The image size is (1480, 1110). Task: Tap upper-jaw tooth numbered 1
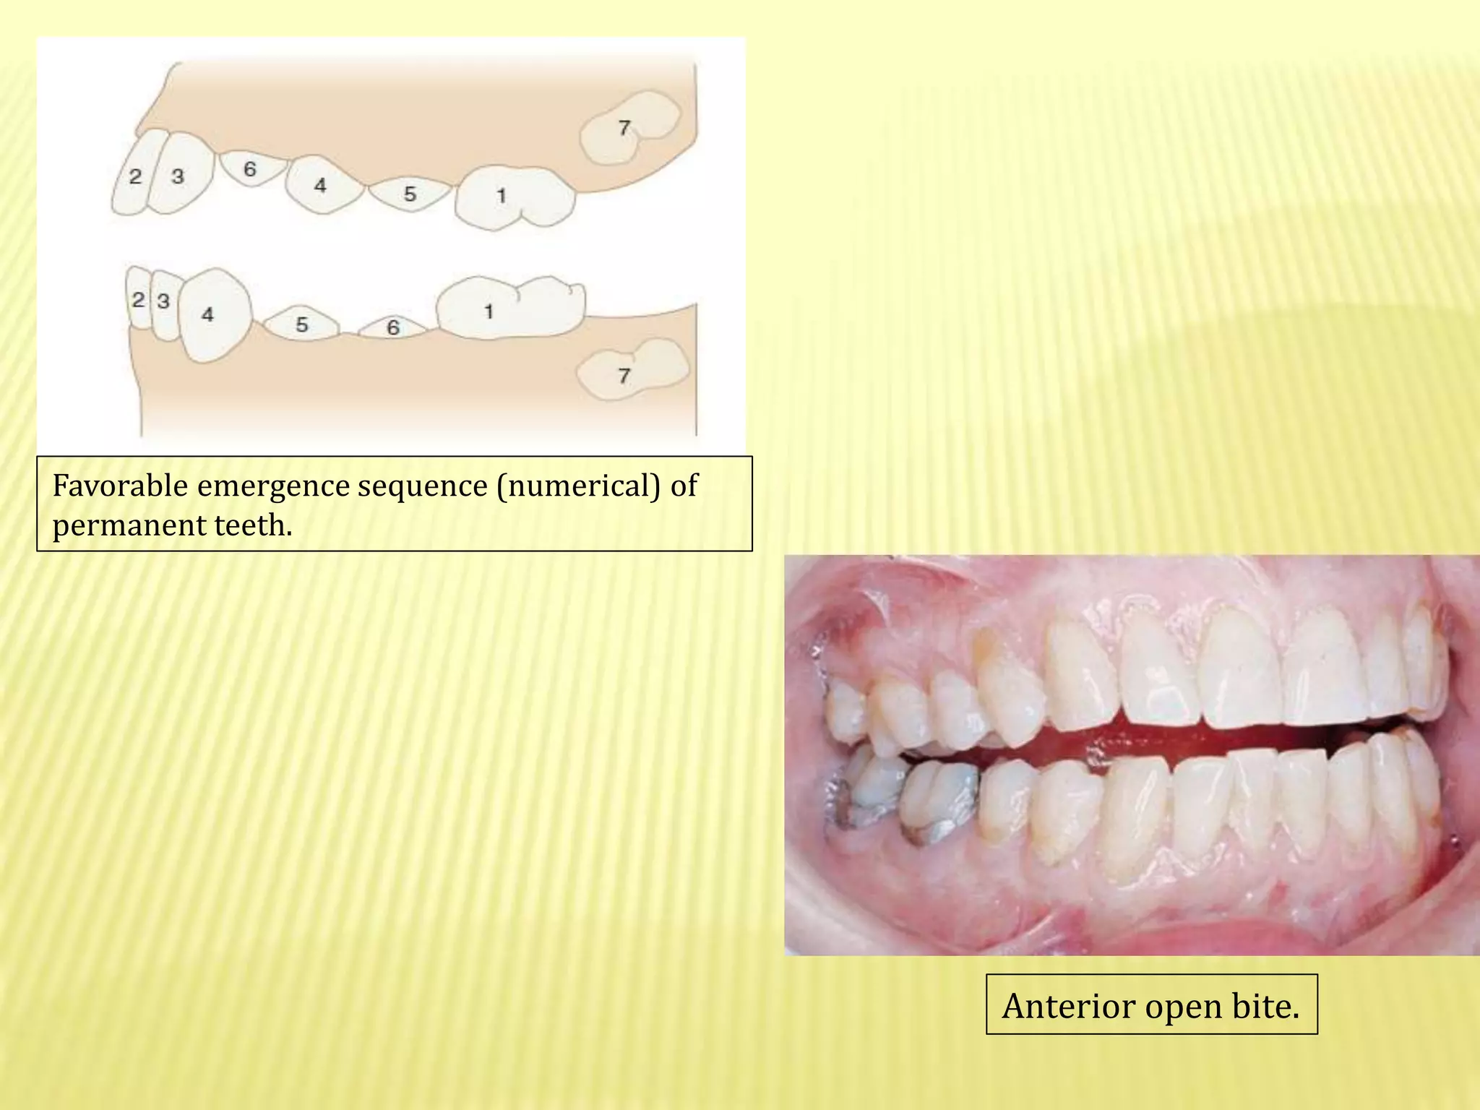[x=513, y=197]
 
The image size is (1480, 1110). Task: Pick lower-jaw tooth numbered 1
[x=509, y=307]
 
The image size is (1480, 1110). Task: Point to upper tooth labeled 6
[x=250, y=169]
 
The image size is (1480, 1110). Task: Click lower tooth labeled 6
[x=394, y=328]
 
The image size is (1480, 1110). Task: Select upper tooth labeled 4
[x=322, y=185]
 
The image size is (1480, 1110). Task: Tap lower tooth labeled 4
[x=211, y=314]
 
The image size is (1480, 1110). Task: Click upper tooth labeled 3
[x=180, y=175]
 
